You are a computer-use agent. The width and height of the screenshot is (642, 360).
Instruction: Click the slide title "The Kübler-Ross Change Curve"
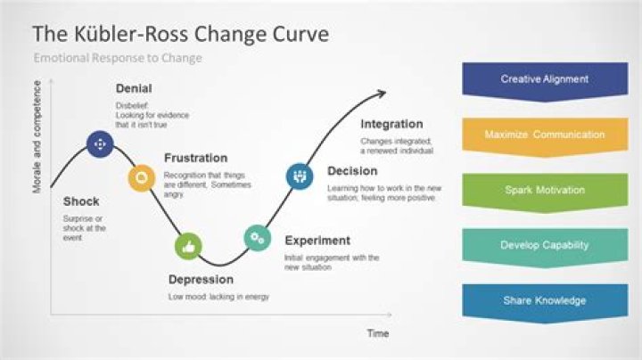(180, 35)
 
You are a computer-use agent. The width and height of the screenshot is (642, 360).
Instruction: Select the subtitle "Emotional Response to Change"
(118, 59)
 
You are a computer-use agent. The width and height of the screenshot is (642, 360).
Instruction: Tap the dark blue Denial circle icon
(99, 143)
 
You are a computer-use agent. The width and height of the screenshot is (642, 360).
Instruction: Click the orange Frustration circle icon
(140, 177)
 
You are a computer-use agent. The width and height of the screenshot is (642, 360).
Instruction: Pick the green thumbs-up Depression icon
(187, 245)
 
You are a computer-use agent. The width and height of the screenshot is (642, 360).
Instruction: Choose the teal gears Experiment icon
(257, 237)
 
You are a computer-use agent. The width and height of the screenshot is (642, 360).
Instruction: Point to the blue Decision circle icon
(299, 176)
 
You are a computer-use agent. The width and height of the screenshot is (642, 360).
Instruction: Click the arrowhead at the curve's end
(382, 92)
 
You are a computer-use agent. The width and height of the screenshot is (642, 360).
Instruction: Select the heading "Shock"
(81, 201)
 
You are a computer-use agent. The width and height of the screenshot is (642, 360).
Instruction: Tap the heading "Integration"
(391, 125)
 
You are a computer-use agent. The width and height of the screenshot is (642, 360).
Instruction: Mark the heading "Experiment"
(317, 241)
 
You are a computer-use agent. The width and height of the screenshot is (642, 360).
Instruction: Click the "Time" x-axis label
(378, 332)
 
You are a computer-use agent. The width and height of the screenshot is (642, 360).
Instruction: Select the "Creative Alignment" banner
(544, 79)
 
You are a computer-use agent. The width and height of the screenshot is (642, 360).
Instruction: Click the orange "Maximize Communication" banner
(544, 135)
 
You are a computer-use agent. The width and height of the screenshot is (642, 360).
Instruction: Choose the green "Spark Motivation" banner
(544, 191)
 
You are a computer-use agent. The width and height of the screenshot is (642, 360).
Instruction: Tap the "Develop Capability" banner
(544, 245)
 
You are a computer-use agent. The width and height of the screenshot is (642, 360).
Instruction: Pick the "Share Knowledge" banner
(544, 300)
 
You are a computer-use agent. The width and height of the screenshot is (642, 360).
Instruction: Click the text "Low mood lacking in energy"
(218, 297)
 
